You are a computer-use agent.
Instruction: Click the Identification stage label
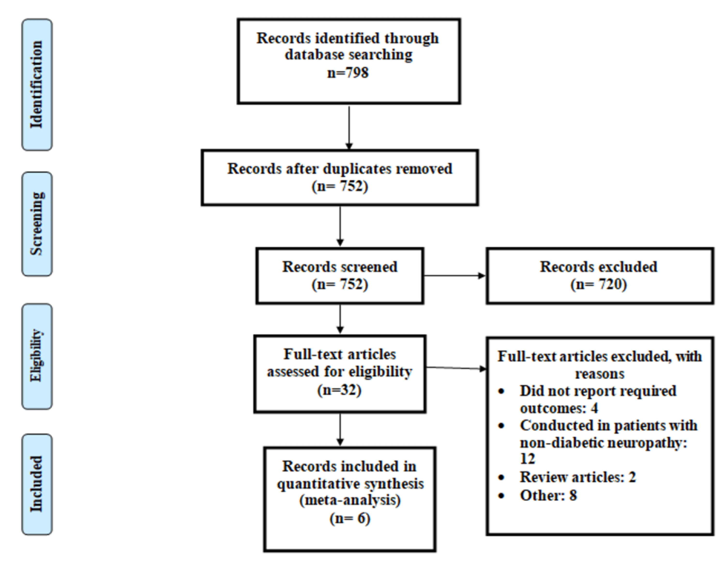coord(37,85)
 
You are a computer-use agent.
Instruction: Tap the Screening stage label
coord(37,224)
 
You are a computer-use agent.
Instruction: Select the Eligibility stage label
coord(37,356)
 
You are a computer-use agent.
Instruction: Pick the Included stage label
coord(37,484)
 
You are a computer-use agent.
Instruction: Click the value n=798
coord(348,73)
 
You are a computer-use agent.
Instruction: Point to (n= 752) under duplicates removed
coord(340,186)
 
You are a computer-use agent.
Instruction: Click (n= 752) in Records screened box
coord(340,285)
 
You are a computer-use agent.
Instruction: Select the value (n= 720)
coord(598,285)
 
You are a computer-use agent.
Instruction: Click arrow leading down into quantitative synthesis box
coord(340,429)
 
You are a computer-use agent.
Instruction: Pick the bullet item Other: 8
coord(548,495)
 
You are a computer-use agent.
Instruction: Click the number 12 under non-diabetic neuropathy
coord(527,459)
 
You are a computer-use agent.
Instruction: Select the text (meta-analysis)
coord(350,500)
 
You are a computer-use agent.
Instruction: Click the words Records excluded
coord(598,267)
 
